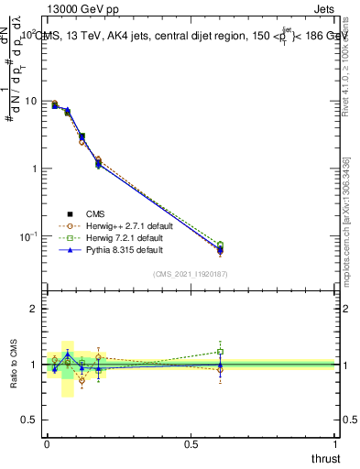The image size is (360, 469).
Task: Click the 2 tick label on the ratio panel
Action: tap(32, 310)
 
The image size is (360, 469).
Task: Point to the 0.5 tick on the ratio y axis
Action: tap(28, 420)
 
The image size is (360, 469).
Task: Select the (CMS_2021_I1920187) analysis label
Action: tap(191, 273)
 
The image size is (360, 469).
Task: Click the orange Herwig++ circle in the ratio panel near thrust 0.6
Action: tap(220, 370)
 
